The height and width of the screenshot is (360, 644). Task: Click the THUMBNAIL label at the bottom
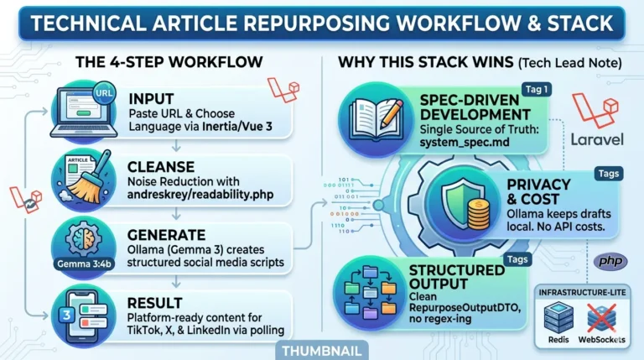coord(321,352)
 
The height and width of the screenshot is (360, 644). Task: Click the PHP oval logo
coord(610,262)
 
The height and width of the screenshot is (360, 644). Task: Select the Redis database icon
coord(558,319)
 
